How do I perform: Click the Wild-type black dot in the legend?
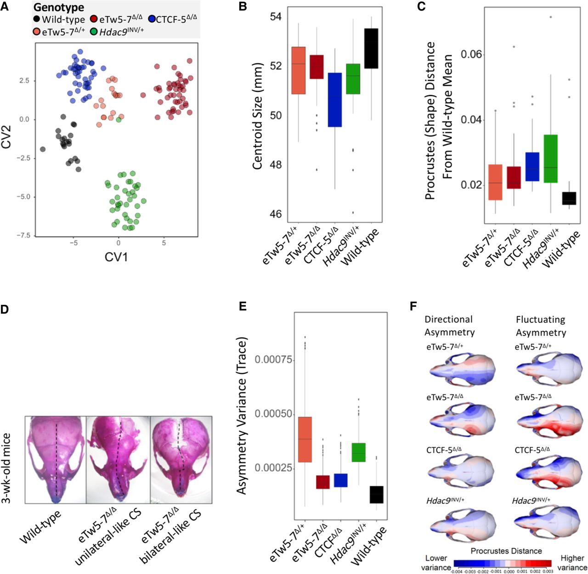coord(37,20)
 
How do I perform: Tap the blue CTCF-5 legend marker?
coord(152,20)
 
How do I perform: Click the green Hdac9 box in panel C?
coord(550,158)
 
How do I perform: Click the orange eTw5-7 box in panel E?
coord(305,439)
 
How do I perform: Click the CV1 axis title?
coord(116,257)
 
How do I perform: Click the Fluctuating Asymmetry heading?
coord(540,326)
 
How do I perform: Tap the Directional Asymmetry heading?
coord(449,326)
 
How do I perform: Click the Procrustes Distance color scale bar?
coord(503,563)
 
